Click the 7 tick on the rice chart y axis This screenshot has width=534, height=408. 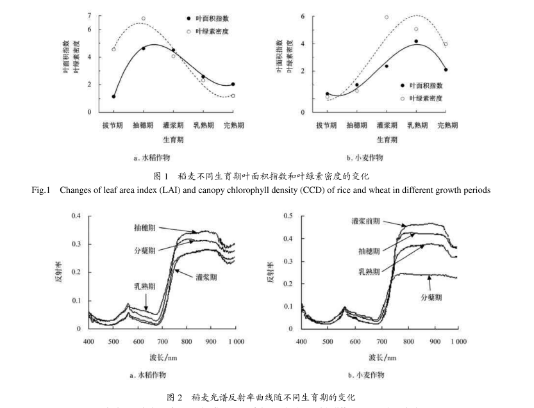90,15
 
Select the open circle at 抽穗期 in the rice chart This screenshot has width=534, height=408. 144,19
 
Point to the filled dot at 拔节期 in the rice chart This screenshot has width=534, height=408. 113,97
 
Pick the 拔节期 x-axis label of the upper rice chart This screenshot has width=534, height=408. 113,126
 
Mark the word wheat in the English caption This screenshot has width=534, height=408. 393,189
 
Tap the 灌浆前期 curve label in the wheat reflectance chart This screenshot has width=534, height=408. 365,220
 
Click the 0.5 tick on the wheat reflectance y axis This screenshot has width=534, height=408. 288,216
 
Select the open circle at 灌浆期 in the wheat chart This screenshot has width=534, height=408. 387,17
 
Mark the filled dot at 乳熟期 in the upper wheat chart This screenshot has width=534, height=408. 416,41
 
